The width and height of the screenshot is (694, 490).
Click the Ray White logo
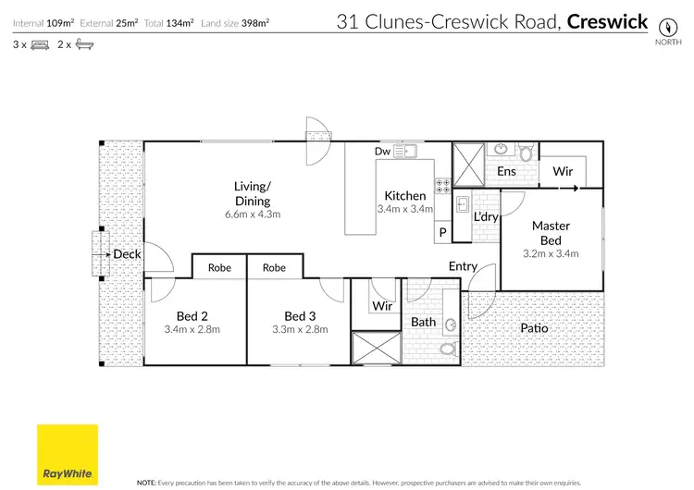point(68,455)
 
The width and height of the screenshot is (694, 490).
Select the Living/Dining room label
point(252,194)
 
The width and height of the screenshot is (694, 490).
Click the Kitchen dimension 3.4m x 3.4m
point(405,210)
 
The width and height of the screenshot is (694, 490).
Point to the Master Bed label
point(551,233)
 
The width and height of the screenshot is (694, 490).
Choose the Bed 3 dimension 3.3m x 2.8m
point(301,329)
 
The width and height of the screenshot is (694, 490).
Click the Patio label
point(534,328)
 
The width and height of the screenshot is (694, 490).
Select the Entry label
point(463,266)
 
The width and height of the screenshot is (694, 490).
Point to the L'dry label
point(486,217)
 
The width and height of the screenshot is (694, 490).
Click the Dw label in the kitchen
point(382,151)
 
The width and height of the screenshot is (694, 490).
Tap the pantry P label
point(442,232)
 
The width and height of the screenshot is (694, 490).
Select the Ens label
point(506,171)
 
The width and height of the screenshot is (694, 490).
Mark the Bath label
point(424,322)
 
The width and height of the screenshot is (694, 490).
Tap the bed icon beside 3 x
point(40,44)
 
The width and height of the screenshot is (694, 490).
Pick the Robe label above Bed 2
point(219,268)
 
